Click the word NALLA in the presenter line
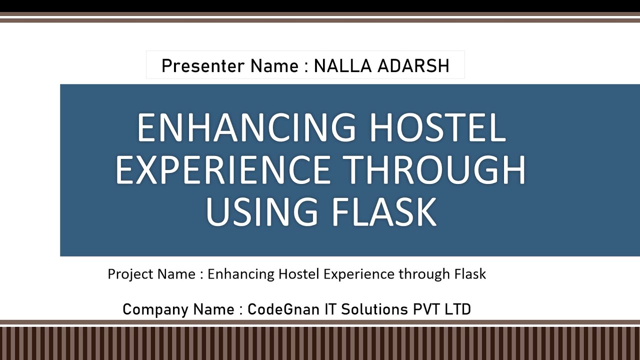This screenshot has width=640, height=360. point(338,66)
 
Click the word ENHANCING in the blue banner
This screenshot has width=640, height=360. point(246,128)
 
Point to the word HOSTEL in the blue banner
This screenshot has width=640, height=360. point(437,128)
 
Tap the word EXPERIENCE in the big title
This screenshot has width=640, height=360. point(223,170)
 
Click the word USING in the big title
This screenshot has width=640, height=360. point(261,212)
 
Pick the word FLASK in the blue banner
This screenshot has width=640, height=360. point(384,212)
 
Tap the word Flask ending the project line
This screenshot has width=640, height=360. point(470,274)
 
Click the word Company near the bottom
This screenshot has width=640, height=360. point(153,309)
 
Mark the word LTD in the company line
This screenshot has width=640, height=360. point(457,309)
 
